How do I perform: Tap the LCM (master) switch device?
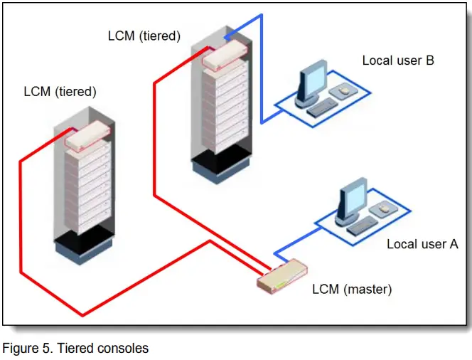[x=283, y=278]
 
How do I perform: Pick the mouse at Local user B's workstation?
[x=344, y=92]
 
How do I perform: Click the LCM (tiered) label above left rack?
[x=60, y=91]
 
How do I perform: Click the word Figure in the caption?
[x=19, y=348]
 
